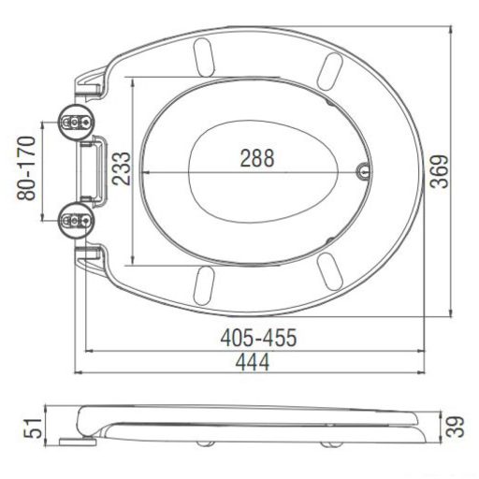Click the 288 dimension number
click(x=257, y=158)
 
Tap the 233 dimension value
click(x=121, y=168)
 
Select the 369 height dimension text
click(x=439, y=171)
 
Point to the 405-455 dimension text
click(x=258, y=338)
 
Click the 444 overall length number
click(x=253, y=362)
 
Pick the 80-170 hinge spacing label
click(x=26, y=167)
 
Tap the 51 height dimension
click(x=34, y=428)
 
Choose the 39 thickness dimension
click(x=456, y=427)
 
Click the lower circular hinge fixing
click(x=76, y=221)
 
